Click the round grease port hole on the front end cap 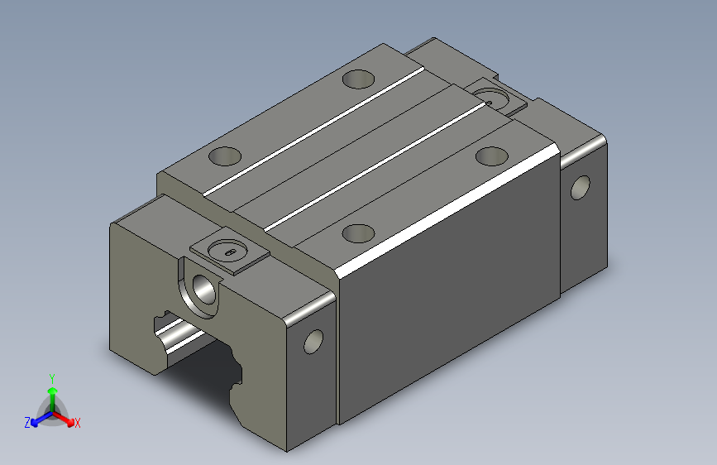point(204,289)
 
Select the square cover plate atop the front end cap point(229,251)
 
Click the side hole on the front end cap point(313,342)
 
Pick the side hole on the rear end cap point(581,188)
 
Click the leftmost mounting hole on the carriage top point(225,156)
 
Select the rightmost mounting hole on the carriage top point(492,156)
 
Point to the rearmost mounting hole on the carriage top point(359,79)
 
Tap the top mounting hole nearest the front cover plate point(359,233)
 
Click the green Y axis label point(52,379)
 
